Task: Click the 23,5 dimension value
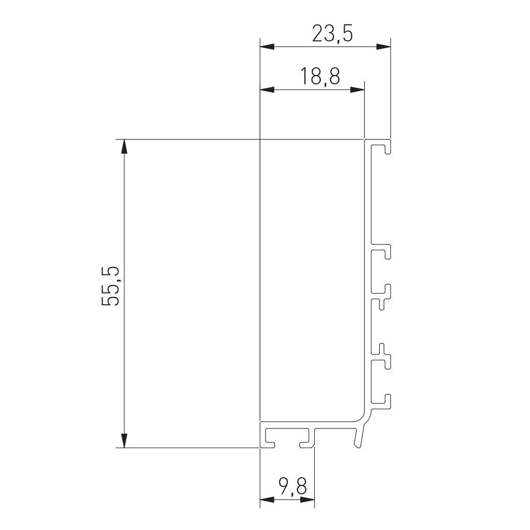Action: (x=332, y=34)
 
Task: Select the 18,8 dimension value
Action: (x=320, y=77)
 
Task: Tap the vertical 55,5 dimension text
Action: (x=111, y=286)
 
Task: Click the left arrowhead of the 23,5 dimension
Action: (x=267, y=47)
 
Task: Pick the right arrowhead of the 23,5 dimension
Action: (x=384, y=47)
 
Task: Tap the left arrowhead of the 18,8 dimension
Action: (x=267, y=90)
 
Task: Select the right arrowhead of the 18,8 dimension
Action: (x=358, y=90)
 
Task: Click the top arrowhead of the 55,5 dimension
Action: (x=124, y=146)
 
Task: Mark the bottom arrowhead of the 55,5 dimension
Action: (x=124, y=440)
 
